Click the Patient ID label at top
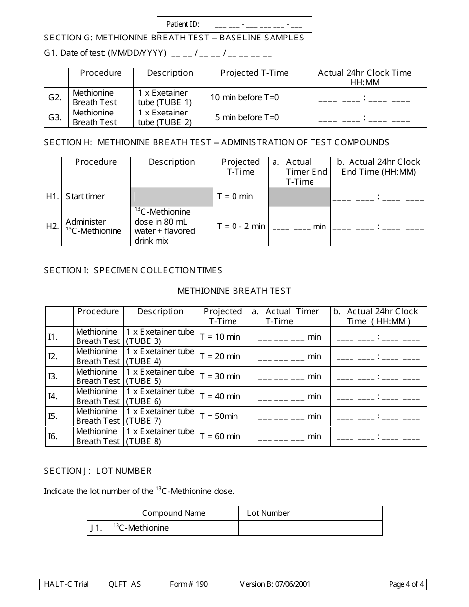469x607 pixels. pyautogui.click(x=183, y=24)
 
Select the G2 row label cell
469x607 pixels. pyautogui.click(x=56, y=98)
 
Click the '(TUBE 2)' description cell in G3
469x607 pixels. pyautogui.click(x=165, y=118)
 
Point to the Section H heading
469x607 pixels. pyautogui.click(x=216, y=143)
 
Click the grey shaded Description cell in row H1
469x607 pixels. pyautogui.click(x=171, y=196)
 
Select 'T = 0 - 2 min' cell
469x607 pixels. pyautogui.click(x=241, y=226)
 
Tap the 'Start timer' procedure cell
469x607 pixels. pyautogui.click(x=85, y=196)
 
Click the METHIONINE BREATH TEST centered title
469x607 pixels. pyautogui.click(x=234, y=291)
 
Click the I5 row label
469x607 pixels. pyautogui.click(x=53, y=416)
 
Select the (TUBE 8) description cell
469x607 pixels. pyautogui.click(x=160, y=436)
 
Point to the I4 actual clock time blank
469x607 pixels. pyautogui.click(x=378, y=397)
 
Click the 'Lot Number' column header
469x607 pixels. pyautogui.click(x=269, y=513)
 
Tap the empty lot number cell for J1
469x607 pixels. pyautogui.click(x=310, y=528)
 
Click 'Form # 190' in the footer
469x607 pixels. pyautogui.click(x=189, y=585)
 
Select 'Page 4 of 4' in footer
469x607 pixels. pyautogui.click(x=406, y=585)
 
